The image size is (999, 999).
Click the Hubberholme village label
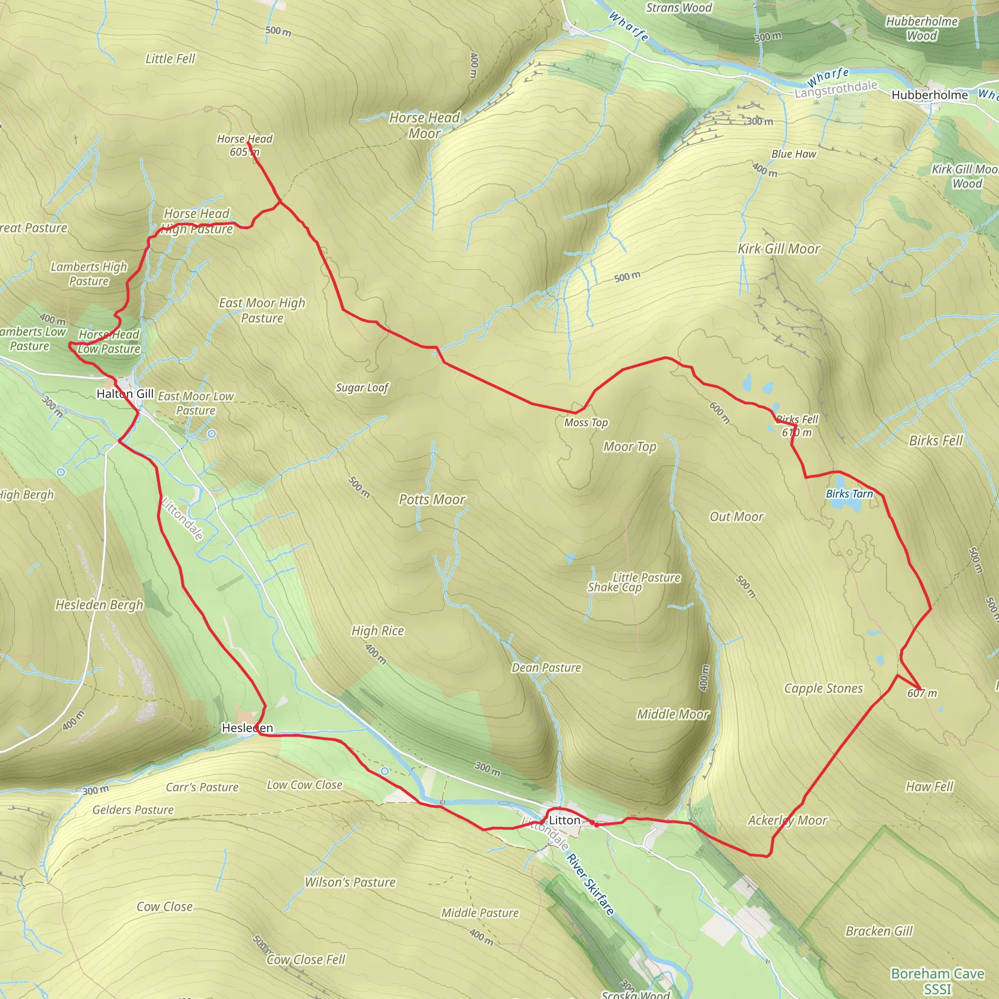[x=929, y=95]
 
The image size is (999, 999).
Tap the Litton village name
[x=564, y=820]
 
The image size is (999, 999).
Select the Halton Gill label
[x=125, y=394]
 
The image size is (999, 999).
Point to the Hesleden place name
[x=247, y=728]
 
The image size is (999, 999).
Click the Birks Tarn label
[x=849, y=494]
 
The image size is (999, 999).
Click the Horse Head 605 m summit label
[x=244, y=145]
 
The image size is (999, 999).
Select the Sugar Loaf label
[x=362, y=388]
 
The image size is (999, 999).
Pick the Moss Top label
[x=586, y=423]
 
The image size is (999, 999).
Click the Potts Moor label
[x=432, y=499]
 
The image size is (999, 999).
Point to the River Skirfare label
[x=591, y=884]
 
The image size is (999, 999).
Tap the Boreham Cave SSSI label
[x=937, y=981]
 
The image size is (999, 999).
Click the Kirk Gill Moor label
[x=778, y=249]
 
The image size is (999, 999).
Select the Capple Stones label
[x=823, y=688]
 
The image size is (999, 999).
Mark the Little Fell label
[x=170, y=59]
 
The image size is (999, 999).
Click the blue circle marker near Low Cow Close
[x=385, y=772]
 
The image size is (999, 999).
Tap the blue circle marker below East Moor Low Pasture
[x=212, y=434]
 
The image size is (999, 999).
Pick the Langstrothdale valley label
[x=836, y=89]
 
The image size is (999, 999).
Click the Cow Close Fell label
[x=305, y=959]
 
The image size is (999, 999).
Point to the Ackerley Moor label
[x=787, y=820]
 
